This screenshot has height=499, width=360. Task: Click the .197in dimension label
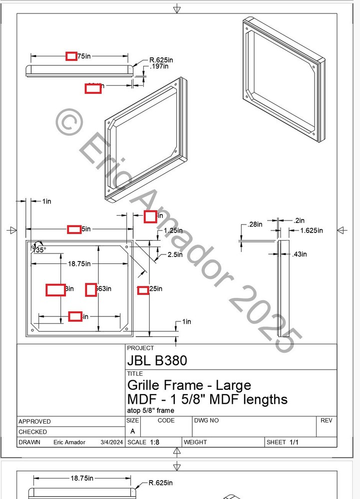159,66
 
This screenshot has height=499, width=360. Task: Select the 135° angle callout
39,249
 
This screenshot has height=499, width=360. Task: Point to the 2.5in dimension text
174,255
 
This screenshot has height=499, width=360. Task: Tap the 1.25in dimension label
173,231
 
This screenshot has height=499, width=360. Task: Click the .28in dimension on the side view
255,225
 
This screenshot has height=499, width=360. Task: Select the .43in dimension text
300,254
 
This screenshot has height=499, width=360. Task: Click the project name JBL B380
157,360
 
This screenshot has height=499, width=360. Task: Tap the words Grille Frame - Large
189,385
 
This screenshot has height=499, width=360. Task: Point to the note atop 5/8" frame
151,411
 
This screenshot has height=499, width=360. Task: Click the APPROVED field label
34,422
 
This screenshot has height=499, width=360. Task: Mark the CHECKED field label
32,432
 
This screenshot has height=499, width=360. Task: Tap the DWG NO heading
206,421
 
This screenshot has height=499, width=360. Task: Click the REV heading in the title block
326,421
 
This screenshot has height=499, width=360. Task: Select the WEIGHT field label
195,443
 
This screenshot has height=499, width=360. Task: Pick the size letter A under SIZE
132,431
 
